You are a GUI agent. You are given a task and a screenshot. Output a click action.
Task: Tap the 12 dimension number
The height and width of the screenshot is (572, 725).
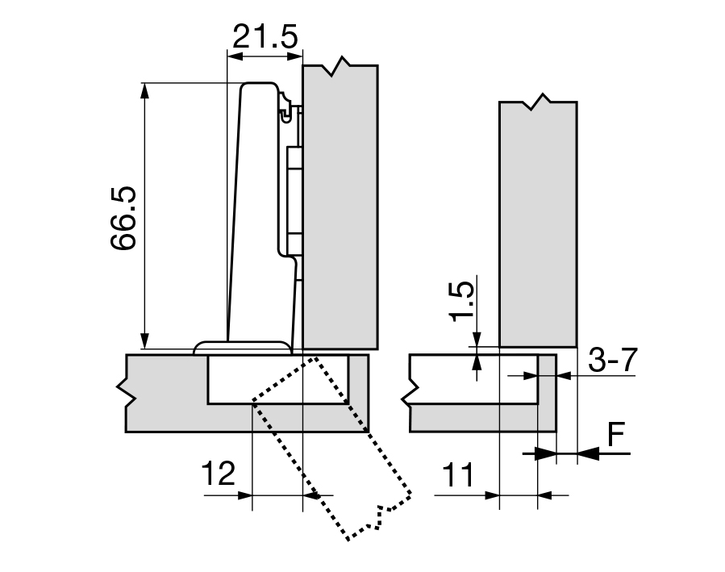218,474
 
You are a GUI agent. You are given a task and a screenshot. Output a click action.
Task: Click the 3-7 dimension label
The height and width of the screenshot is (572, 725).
612,361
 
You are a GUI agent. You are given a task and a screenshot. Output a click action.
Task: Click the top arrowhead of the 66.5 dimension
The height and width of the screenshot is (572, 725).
145,90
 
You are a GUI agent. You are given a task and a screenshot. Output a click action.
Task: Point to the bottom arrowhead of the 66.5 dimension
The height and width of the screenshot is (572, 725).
145,341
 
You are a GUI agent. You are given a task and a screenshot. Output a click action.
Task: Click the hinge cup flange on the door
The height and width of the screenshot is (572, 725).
242,347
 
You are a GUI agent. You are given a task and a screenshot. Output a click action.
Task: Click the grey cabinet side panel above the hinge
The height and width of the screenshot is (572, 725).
340,202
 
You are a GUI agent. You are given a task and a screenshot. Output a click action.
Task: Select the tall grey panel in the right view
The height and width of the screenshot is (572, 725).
538,226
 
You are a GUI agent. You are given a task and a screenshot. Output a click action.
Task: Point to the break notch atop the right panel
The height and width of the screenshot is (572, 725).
538,102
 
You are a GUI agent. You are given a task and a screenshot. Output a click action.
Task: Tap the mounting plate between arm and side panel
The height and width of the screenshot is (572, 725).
294,194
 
